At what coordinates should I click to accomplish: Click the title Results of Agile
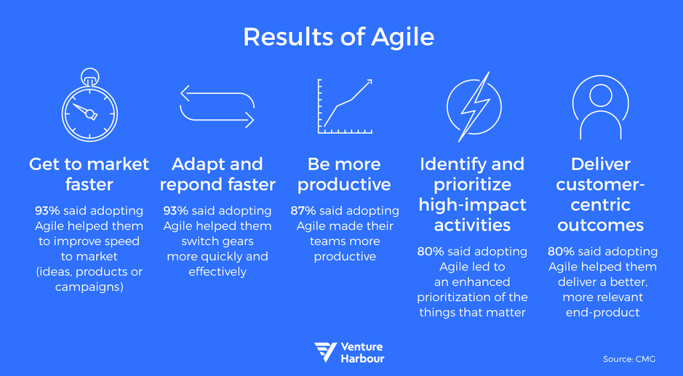339,37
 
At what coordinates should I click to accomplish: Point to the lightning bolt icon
474,106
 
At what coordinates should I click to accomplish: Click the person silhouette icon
600,107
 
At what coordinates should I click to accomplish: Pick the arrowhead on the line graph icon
368,83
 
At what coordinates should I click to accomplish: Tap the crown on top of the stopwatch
89,73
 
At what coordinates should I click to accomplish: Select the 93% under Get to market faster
47,211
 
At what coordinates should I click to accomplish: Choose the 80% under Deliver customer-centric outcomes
560,251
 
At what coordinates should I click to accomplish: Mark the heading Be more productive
345,174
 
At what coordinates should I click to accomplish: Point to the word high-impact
473,205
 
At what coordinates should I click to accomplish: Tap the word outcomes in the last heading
600,225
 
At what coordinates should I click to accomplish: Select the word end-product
603,312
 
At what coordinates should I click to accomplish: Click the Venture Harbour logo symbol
325,353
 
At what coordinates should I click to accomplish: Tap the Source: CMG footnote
629,359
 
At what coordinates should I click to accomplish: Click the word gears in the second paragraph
237,241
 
